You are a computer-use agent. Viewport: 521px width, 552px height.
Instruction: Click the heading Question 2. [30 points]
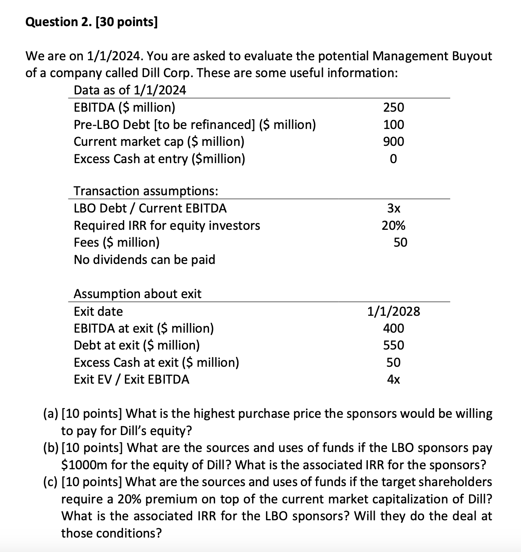(x=92, y=22)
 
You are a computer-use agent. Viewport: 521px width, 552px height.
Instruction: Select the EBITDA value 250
(x=394, y=107)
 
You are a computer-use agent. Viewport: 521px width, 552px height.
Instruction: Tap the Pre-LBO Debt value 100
(x=394, y=125)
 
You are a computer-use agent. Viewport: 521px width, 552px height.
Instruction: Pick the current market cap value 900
(x=394, y=141)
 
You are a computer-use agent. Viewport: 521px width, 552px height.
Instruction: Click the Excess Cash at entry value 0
(x=394, y=159)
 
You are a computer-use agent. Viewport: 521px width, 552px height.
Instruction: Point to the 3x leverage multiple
(x=394, y=208)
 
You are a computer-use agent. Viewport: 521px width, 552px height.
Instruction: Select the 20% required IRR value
(x=394, y=225)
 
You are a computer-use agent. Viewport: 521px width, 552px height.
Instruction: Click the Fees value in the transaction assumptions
(x=400, y=242)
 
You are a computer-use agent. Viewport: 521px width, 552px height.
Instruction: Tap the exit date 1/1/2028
(x=394, y=311)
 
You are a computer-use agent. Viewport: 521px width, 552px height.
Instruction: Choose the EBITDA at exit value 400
(x=394, y=328)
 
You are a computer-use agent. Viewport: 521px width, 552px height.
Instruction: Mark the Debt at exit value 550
(x=394, y=345)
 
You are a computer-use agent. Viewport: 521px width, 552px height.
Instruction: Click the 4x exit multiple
(x=394, y=379)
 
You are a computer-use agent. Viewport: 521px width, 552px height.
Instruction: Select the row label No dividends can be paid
(x=144, y=260)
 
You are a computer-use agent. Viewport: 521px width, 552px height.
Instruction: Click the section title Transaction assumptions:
(x=146, y=191)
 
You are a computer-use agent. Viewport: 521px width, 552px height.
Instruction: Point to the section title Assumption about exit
(x=137, y=294)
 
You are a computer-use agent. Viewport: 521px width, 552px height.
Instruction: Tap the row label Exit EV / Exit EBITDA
(x=131, y=379)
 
